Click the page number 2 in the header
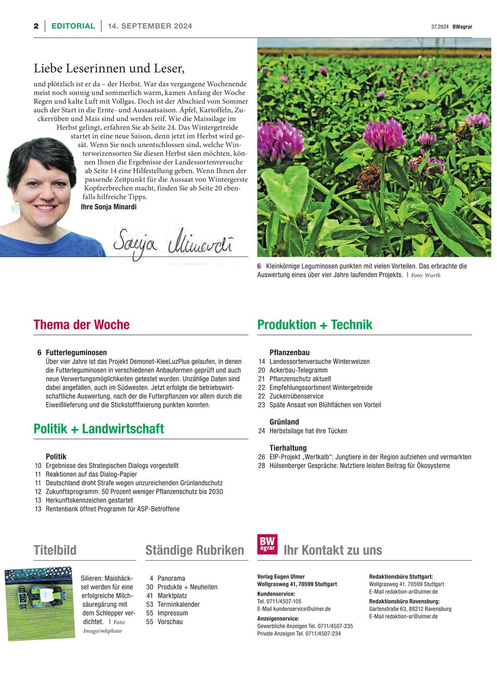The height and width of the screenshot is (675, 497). tap(35, 26)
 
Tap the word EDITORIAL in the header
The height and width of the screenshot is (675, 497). tap(73, 26)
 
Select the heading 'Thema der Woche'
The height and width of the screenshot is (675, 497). tap(82, 325)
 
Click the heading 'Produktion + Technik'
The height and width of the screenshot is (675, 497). tap(314, 325)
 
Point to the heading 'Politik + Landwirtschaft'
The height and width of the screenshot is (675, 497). tap(99, 429)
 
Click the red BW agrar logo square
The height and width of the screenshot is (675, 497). tap(267, 543)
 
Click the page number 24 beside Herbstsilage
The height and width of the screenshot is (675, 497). tap(261, 431)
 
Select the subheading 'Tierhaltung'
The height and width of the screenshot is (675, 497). tap(288, 448)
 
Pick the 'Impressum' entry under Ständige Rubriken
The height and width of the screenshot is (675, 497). tap(173, 613)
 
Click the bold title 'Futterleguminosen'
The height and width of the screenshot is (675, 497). tap(76, 353)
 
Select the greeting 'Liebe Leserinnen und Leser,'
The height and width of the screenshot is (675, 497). tap(109, 69)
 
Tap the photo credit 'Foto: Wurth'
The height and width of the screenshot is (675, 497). tap(425, 275)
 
